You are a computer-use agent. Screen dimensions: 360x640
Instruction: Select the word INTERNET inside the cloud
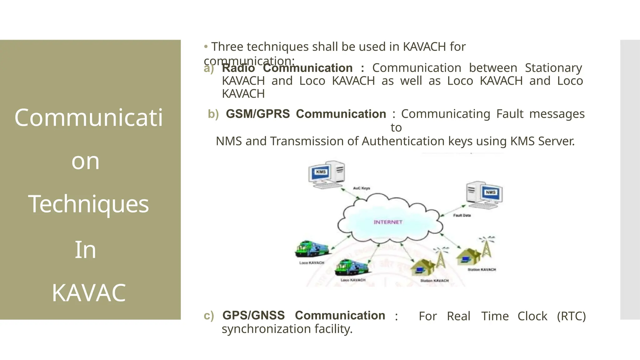388,222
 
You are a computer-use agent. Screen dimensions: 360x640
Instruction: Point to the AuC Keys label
362,188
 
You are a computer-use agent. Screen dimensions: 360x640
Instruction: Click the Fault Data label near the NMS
462,215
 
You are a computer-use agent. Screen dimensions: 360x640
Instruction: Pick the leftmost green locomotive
312,249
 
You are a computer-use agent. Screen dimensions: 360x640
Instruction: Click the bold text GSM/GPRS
258,114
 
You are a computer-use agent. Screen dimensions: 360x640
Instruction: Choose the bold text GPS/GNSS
253,316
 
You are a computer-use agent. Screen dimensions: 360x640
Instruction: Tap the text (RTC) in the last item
571,316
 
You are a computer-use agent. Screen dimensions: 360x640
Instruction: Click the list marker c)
209,316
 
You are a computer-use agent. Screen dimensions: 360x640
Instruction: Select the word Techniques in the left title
88,204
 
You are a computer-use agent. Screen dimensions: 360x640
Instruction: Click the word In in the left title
85,250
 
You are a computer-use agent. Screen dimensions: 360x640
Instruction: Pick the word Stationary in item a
553,68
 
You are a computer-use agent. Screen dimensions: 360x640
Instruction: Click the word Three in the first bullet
227,47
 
